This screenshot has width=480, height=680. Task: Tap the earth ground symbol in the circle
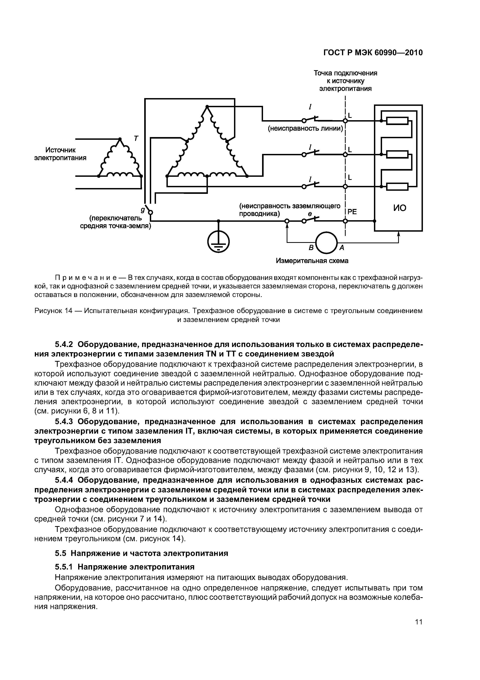click(218, 241)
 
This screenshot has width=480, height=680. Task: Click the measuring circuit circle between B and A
click(327, 243)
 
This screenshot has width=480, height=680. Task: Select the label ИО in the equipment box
click(399, 208)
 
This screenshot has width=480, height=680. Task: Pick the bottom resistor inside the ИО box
click(397, 187)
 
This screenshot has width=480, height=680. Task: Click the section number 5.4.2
click(65, 344)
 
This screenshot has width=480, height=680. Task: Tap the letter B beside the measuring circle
click(311, 248)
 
